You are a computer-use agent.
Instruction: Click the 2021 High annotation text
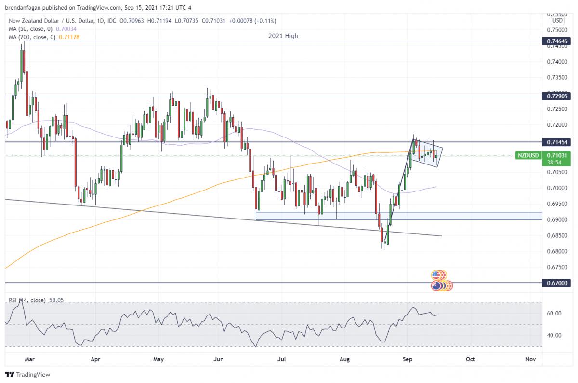pos(283,36)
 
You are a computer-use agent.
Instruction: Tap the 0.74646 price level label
pos(558,41)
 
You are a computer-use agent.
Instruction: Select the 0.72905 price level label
pos(558,96)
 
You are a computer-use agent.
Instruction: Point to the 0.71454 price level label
pos(558,142)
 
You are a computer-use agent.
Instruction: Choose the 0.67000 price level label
pos(558,283)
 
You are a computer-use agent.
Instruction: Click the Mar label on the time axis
pos(30,359)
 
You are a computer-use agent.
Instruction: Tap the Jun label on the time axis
pos(219,359)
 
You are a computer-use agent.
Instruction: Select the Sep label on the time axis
pos(408,359)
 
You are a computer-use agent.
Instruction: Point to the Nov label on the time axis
pos(530,359)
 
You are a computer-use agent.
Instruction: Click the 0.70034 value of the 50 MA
pos(68,28)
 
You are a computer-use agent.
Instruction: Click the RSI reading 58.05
pos(56,300)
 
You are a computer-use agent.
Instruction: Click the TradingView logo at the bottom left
pos(27,375)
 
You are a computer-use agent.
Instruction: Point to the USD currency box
pos(557,21)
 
